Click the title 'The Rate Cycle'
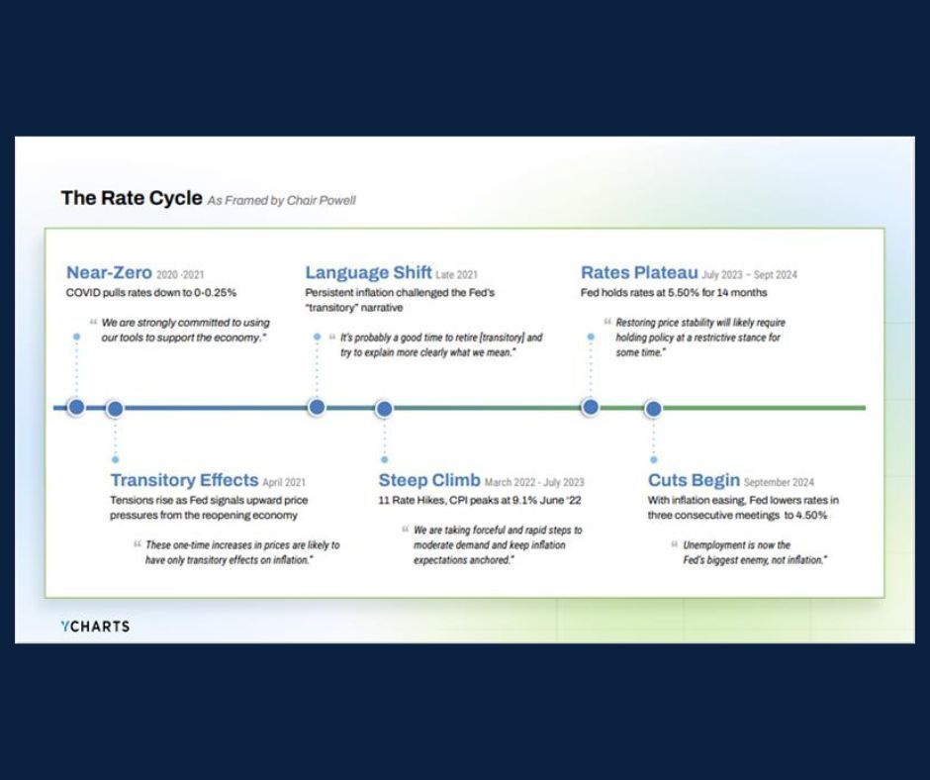[132, 198]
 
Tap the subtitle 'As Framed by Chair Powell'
[281, 200]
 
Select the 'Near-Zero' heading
[109, 273]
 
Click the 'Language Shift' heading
[368, 273]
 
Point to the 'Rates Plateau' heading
[639, 273]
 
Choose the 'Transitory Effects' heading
[184, 481]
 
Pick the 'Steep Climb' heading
[428, 481]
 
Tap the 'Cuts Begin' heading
[694, 481]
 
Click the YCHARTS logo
[95, 626]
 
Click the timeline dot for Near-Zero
[76, 407]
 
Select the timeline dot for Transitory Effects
[115, 408]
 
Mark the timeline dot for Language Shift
[317, 407]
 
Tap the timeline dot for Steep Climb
[385, 408]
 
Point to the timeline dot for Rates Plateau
[590, 407]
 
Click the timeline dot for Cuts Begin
[653, 408]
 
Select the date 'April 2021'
[284, 483]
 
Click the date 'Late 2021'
[458, 275]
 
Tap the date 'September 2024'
[782, 483]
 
